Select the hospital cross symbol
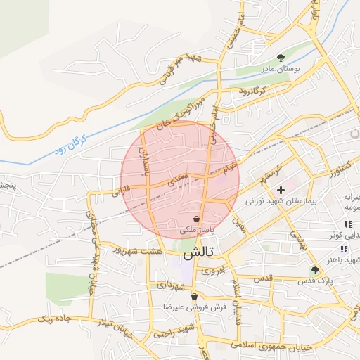281,189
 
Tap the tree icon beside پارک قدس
315,269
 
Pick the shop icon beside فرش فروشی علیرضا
194,296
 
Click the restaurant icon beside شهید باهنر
343,249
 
